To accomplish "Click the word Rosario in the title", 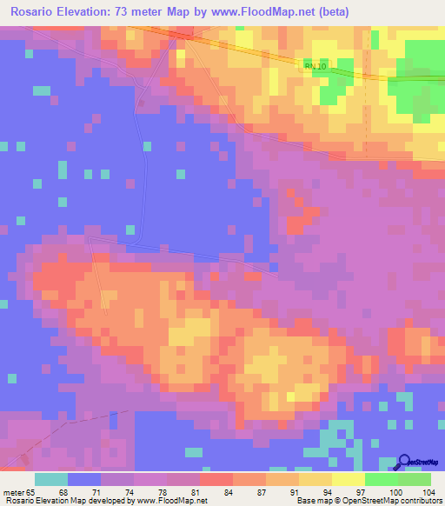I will pos(36,12).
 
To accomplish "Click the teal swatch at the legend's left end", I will pos(51,480).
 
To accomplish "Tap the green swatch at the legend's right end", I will pos(415,480).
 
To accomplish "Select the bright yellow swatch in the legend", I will pos(349,480).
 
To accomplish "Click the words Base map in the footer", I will pos(310,501).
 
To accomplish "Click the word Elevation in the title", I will pos(90,12).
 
